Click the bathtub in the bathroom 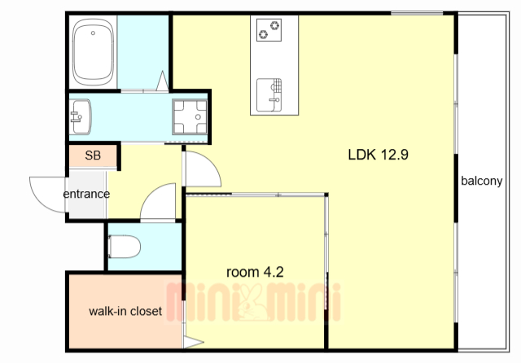click(x=94, y=52)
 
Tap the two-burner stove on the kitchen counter click(x=269, y=30)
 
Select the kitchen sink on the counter click(x=269, y=94)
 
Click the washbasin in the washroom click(x=80, y=117)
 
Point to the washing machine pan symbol click(x=190, y=117)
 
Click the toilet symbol click(x=125, y=247)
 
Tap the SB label click(x=93, y=155)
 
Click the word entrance click(x=86, y=194)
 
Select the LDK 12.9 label click(x=378, y=155)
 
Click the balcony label click(x=481, y=181)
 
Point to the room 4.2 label click(x=255, y=272)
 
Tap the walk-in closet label click(x=125, y=311)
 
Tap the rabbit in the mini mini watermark click(x=252, y=302)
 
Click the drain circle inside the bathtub click(x=93, y=33)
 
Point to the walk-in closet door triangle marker click(x=194, y=343)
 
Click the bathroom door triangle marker click(x=163, y=81)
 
